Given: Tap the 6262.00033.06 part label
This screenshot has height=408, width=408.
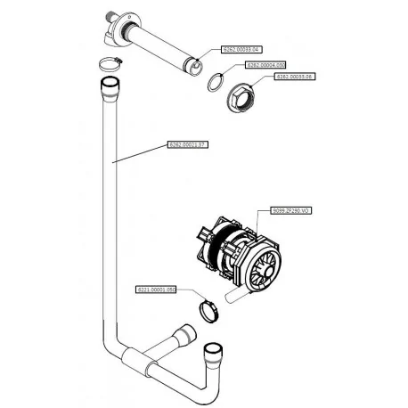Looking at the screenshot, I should point(295,78).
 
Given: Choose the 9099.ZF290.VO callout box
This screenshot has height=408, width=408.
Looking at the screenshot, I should point(290,211).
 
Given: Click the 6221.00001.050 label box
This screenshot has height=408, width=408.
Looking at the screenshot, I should point(157,290).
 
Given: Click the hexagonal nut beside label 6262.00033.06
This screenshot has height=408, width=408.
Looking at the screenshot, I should point(242,93).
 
